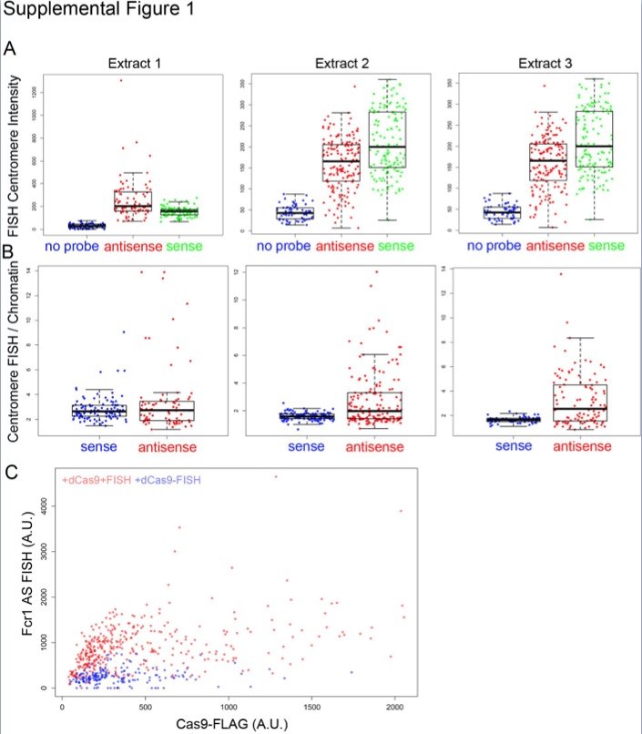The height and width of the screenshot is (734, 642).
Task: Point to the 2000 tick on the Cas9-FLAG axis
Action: coord(394,705)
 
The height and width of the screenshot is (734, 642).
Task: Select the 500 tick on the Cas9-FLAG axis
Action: coord(145,705)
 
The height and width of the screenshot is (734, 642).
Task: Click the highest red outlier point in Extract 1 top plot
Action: coord(120,80)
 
